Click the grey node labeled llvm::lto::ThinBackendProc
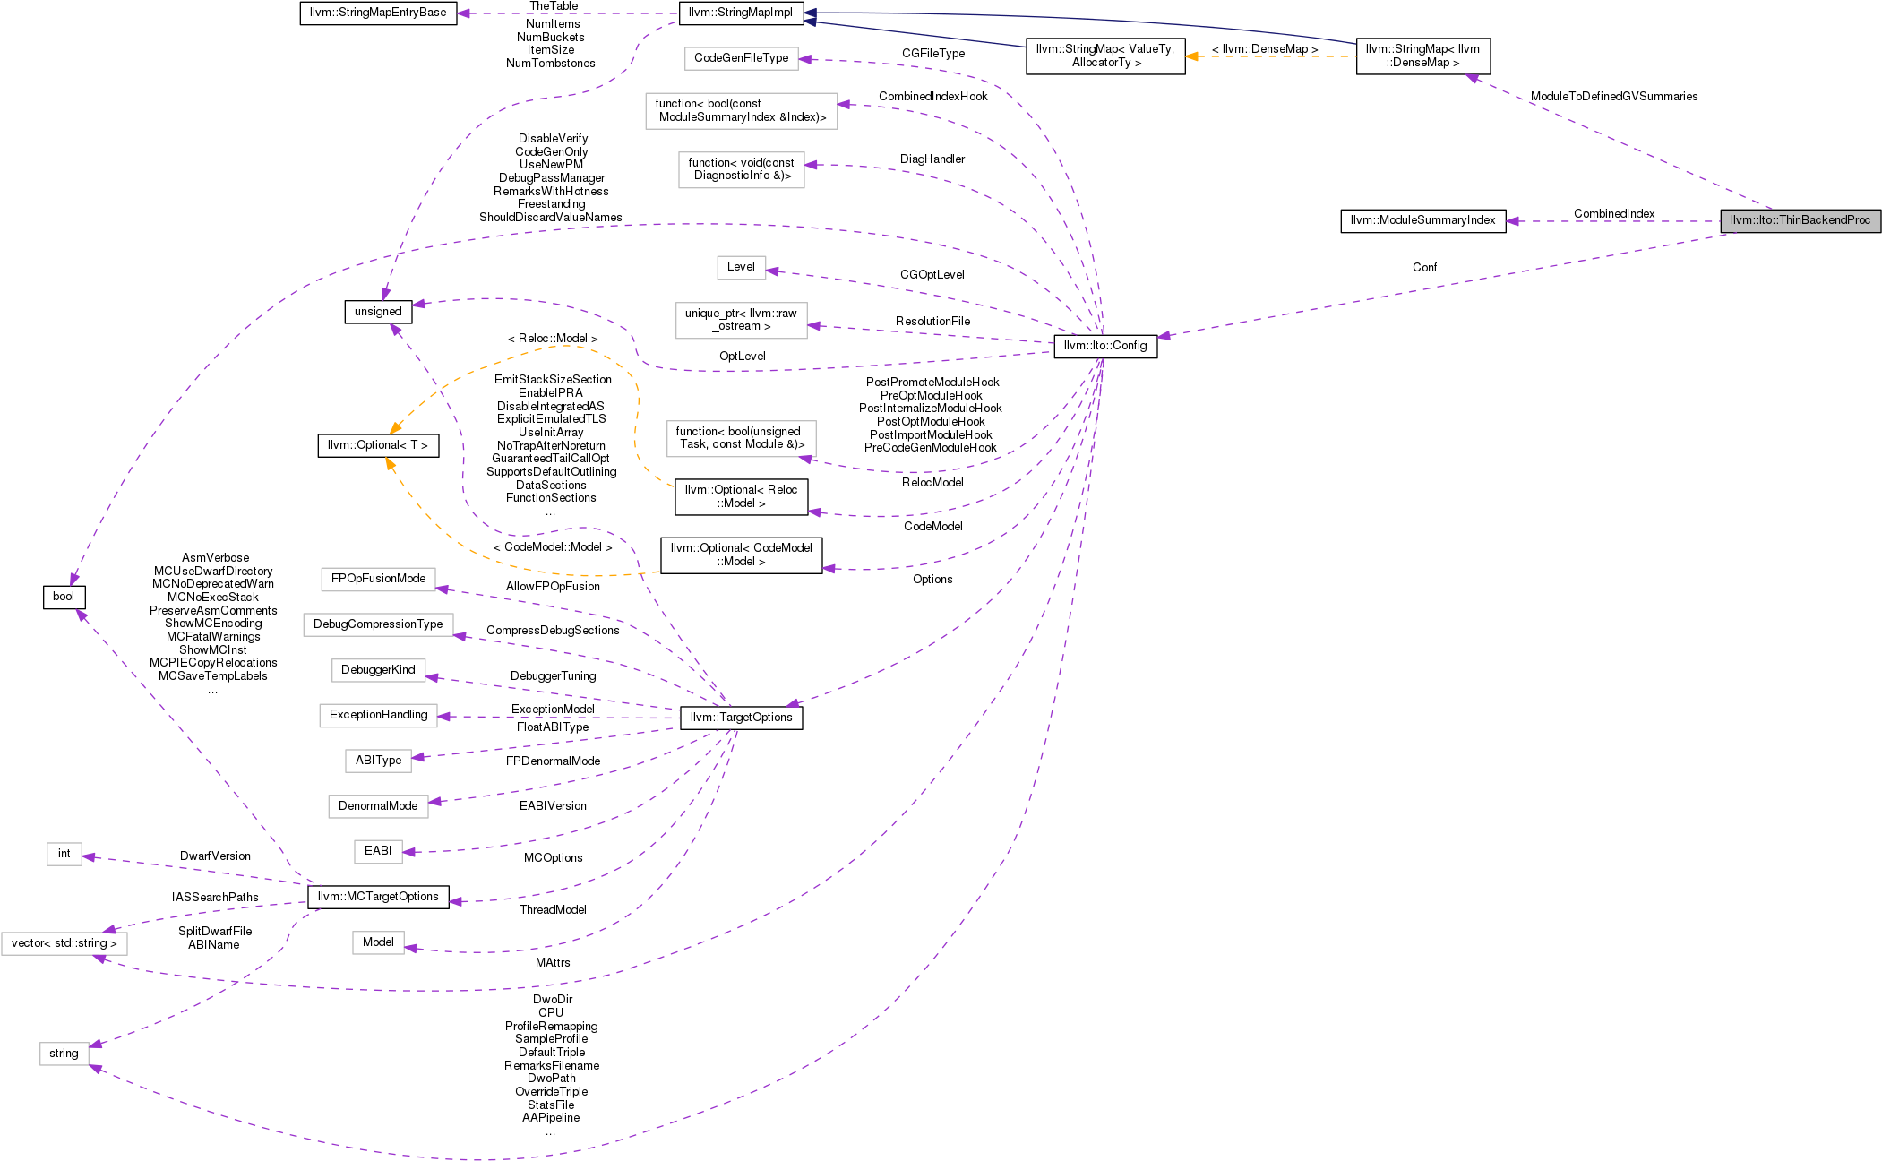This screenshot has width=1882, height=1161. [1800, 220]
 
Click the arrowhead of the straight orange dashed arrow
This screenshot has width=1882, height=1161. [1191, 56]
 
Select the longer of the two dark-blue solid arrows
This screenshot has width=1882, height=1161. [1075, 21]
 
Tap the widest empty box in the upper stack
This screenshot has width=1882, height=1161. [741, 111]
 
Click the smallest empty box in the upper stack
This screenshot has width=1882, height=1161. [741, 268]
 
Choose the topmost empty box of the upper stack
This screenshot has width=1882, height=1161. [741, 59]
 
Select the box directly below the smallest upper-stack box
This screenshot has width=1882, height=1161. [741, 321]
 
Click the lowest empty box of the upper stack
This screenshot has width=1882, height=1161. [741, 439]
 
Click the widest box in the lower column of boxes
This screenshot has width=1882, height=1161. [378, 624]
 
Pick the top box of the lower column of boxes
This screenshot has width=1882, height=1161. [378, 580]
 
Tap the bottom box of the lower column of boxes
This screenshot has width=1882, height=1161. [378, 942]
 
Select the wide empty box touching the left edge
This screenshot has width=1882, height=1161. [64, 943]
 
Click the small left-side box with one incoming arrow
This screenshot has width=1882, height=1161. [64, 854]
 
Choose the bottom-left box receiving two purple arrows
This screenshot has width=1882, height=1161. [64, 1053]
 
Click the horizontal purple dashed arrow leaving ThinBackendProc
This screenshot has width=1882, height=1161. [1612, 221]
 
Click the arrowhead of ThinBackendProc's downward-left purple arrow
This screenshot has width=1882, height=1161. [1163, 336]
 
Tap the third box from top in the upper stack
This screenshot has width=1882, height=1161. [741, 170]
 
